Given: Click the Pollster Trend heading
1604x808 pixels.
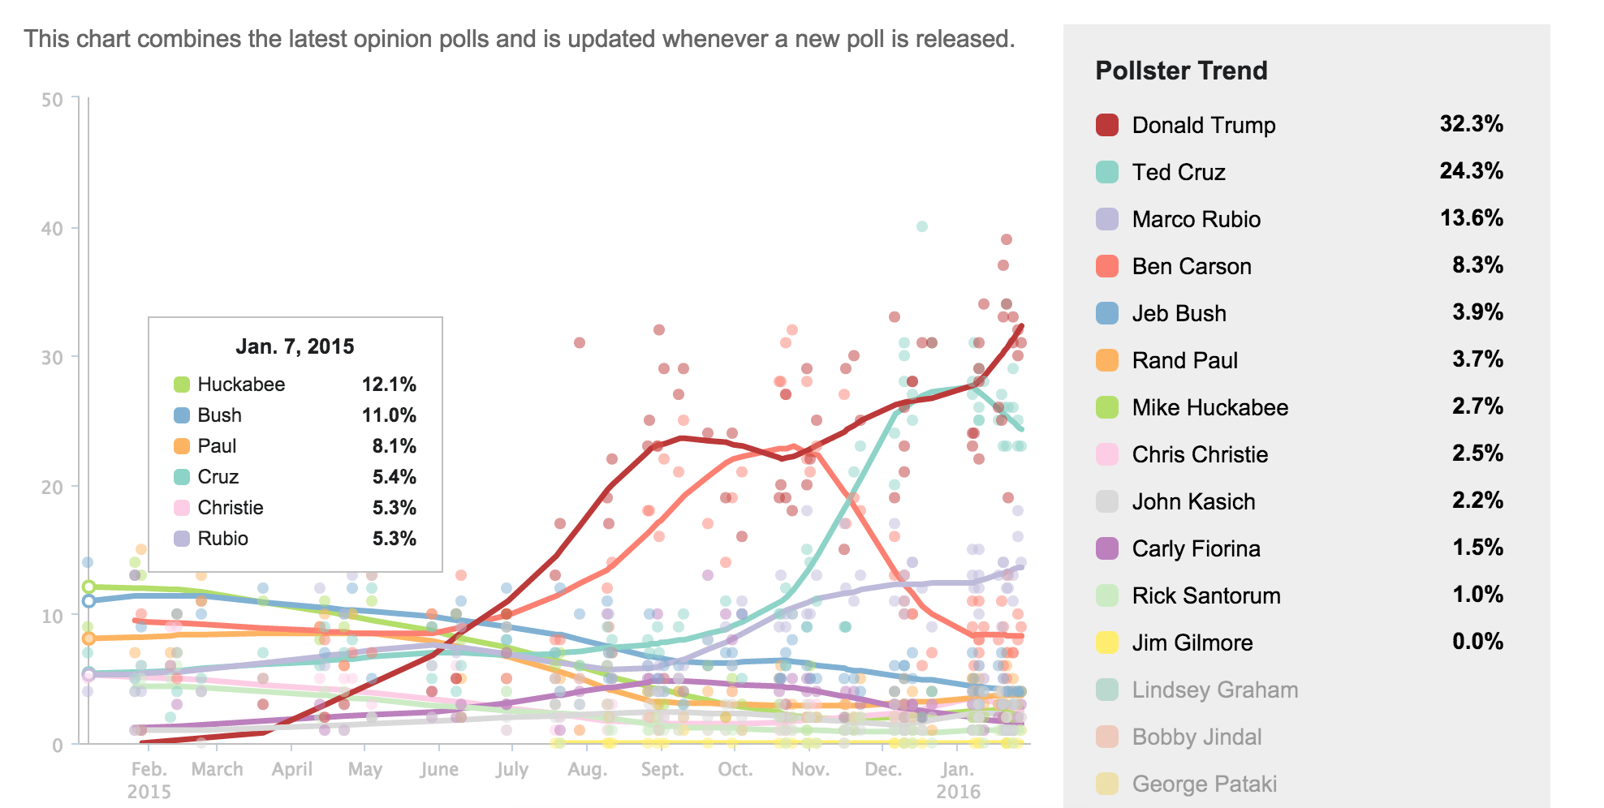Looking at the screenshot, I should (1181, 71).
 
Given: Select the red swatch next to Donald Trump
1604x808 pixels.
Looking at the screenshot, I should (1107, 125).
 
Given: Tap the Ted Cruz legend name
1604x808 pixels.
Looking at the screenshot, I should (1179, 172).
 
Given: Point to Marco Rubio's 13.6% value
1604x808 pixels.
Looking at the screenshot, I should (1471, 218).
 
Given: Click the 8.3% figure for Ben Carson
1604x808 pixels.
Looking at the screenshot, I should (1477, 265).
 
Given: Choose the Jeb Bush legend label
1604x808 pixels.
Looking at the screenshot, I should (1179, 313).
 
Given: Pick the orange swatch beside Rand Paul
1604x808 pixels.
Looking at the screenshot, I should (1107, 360).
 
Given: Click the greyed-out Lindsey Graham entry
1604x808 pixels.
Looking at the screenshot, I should (1214, 690).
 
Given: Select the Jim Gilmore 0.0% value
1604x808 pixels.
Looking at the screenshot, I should (1477, 642).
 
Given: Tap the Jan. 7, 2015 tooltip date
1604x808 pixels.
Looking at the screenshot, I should (295, 346).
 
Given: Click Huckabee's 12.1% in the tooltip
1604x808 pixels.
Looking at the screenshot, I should (389, 385).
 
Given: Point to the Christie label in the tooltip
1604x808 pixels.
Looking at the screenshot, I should (231, 508).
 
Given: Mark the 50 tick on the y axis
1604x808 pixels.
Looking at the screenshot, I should (52, 100).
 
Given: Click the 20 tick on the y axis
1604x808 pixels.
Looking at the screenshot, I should (52, 487).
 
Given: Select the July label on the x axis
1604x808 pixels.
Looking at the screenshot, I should (512, 769).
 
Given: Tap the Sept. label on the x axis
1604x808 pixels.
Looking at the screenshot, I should (662, 769).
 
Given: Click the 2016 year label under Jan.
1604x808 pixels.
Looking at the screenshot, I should (958, 791).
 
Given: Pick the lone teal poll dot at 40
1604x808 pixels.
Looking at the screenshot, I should (922, 226).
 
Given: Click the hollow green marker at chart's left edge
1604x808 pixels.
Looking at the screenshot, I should (88, 587).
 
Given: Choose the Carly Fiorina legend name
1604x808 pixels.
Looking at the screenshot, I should (1196, 548).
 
